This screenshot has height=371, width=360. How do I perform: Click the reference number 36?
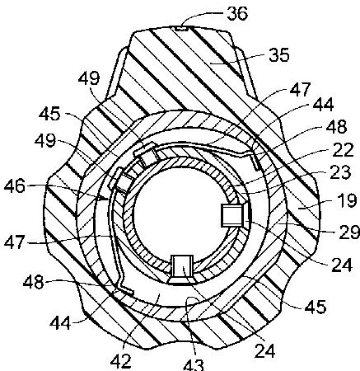coord(237,13)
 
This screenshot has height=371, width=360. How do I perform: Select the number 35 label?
coord(279,54)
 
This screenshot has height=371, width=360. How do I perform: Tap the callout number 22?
coord(343,150)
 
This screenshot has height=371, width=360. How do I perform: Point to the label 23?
coord(341,172)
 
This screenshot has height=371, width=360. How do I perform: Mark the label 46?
coord(15,186)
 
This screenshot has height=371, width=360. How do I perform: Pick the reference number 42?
coord(121,361)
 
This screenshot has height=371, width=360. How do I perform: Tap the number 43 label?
coord(194,365)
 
